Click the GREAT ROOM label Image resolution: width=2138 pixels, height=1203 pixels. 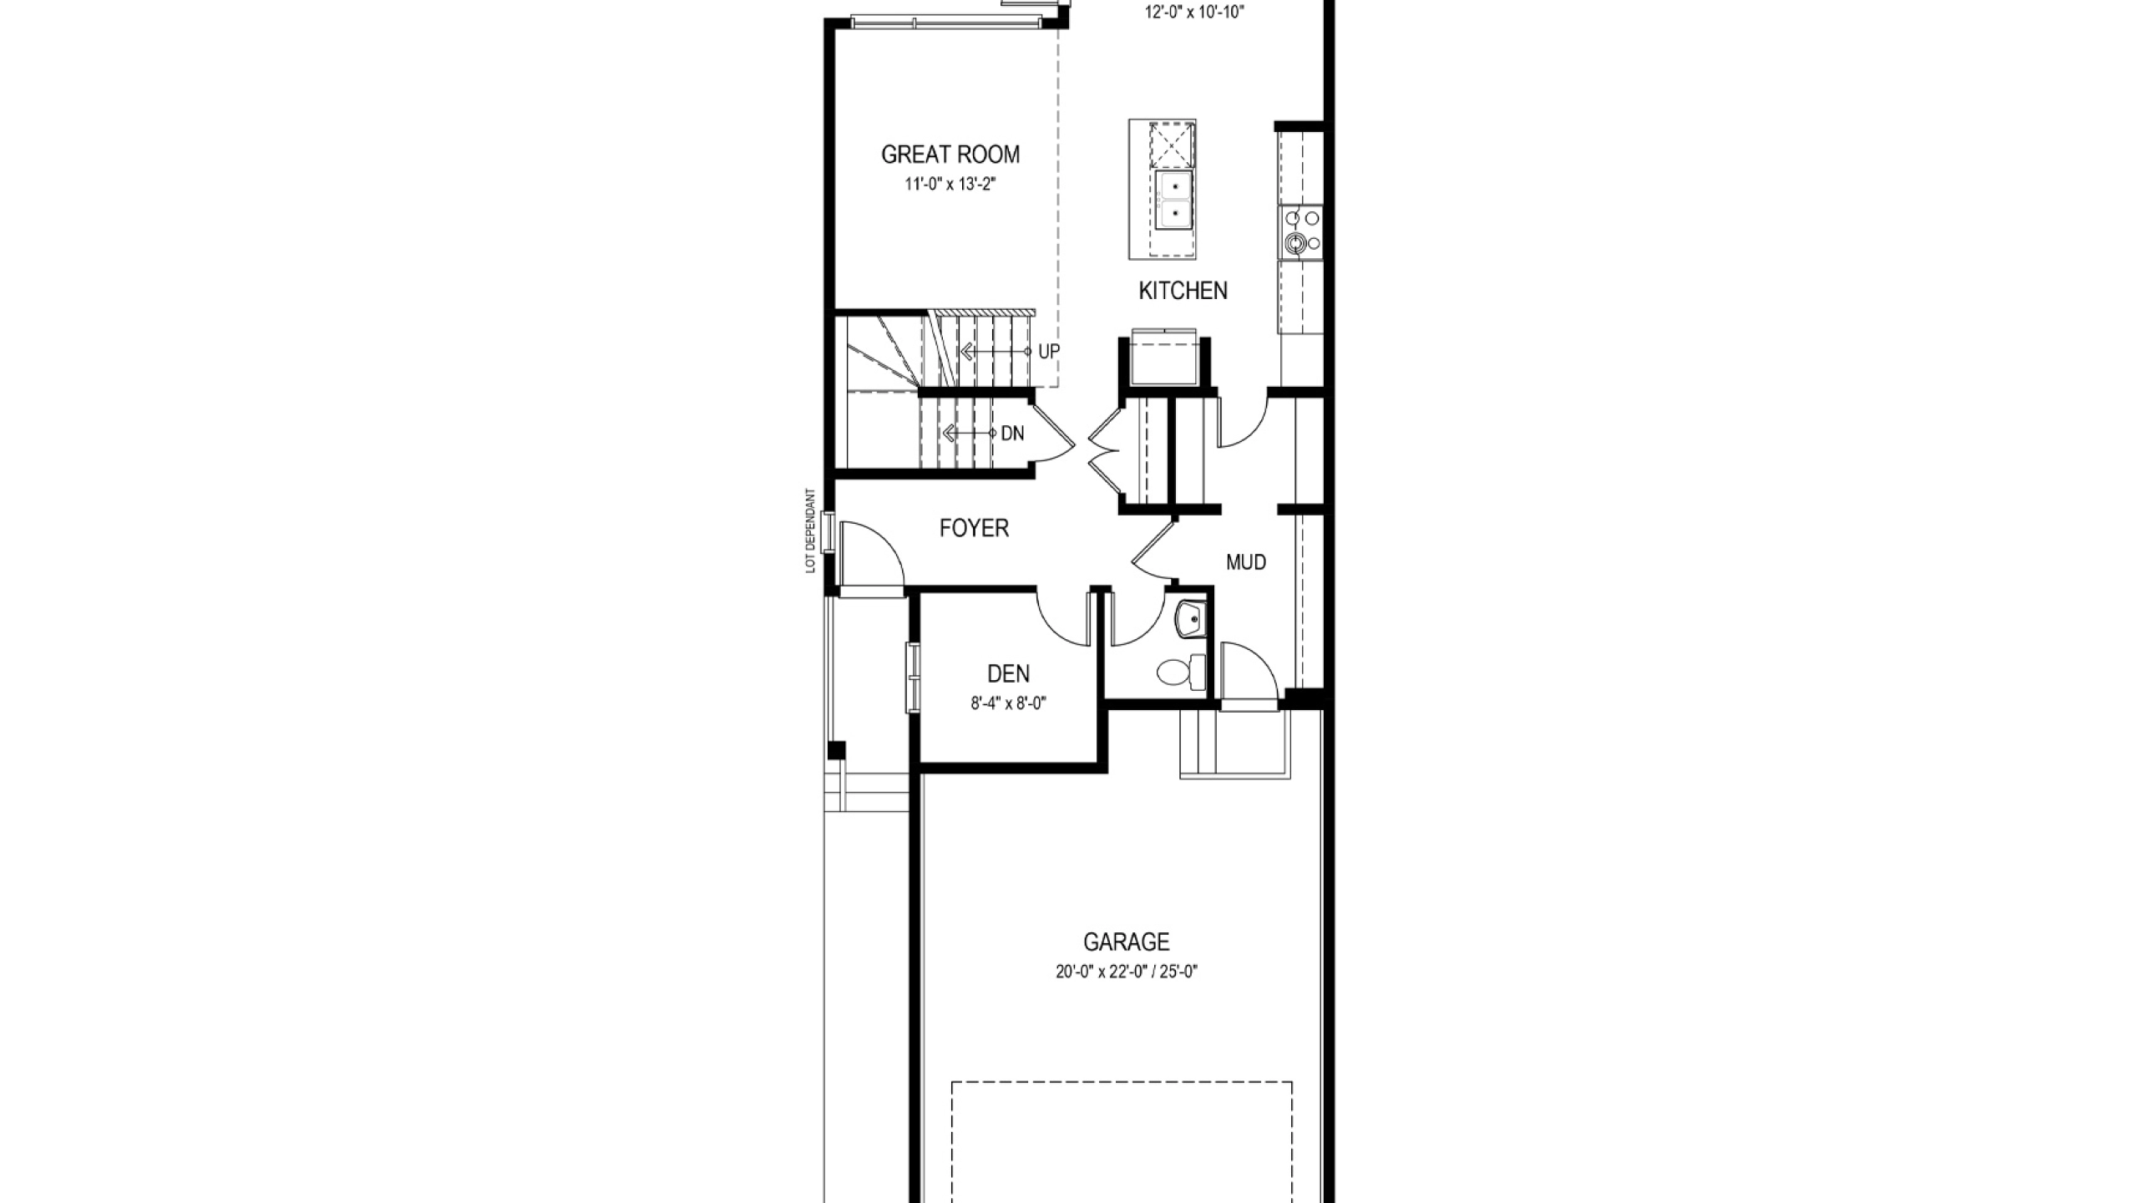(x=950, y=155)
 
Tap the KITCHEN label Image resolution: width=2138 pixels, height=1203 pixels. (x=1183, y=291)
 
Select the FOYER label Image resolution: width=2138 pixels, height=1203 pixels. (x=974, y=528)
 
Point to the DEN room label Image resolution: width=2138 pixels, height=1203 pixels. (x=1008, y=673)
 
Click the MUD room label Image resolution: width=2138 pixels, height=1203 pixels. (x=1246, y=562)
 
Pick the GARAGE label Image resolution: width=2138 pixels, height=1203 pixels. (x=1126, y=942)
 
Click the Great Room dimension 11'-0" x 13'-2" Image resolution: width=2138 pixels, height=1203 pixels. (x=950, y=184)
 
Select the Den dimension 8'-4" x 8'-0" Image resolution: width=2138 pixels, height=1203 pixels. (x=1008, y=703)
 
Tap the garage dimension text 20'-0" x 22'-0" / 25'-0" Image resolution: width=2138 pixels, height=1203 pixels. (x=1126, y=972)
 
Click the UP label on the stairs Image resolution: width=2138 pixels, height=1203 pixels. (x=1049, y=352)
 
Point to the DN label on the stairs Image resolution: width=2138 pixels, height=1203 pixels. (x=1012, y=434)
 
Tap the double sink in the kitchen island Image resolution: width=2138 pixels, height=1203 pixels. (x=1175, y=200)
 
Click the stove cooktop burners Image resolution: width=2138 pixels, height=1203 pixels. (x=1301, y=231)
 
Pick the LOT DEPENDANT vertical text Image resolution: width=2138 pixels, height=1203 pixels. (x=809, y=530)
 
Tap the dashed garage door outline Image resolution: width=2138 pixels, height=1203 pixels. (x=1122, y=1084)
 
